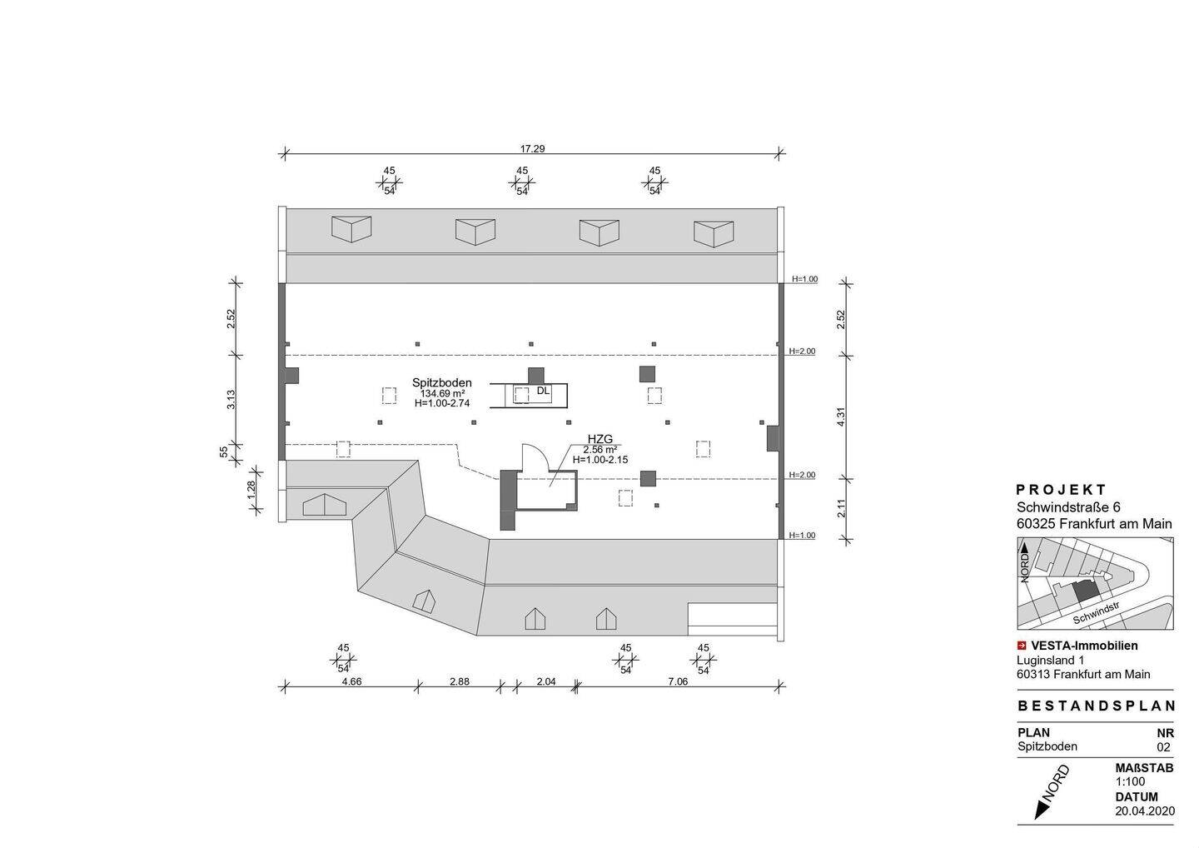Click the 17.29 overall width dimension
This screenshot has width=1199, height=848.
pyautogui.click(x=532, y=149)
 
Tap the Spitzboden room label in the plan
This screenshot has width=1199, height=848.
pyautogui.click(x=441, y=383)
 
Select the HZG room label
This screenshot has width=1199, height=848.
pyautogui.click(x=599, y=438)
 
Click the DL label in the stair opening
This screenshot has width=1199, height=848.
pyautogui.click(x=543, y=390)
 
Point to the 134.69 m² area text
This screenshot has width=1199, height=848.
pyautogui.click(x=442, y=393)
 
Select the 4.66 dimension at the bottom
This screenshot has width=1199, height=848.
pyautogui.click(x=351, y=681)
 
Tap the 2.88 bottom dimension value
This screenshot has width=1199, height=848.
pyautogui.click(x=459, y=681)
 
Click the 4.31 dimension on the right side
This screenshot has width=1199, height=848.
pyautogui.click(x=841, y=417)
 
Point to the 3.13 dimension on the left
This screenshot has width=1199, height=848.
pyautogui.click(x=231, y=399)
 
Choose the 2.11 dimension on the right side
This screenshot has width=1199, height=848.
pyautogui.click(x=841, y=507)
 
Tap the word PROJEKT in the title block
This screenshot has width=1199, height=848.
pyautogui.click(x=1062, y=490)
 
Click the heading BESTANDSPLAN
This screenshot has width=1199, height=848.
pyautogui.click(x=1097, y=706)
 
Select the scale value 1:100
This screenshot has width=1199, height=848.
pyautogui.click(x=1130, y=781)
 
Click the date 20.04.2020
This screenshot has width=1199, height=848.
pyautogui.click(x=1144, y=810)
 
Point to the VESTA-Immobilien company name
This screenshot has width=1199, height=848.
pyautogui.click(x=1083, y=645)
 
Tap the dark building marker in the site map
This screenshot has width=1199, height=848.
pyautogui.click(x=1085, y=591)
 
